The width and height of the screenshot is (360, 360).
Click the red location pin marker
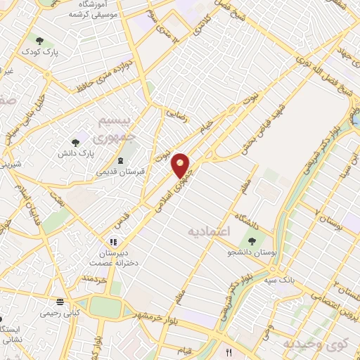point(181,165)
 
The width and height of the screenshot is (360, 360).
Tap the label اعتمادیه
point(210,231)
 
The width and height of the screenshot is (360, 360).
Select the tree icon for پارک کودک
point(39,41)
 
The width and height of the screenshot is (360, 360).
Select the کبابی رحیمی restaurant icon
point(59,302)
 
